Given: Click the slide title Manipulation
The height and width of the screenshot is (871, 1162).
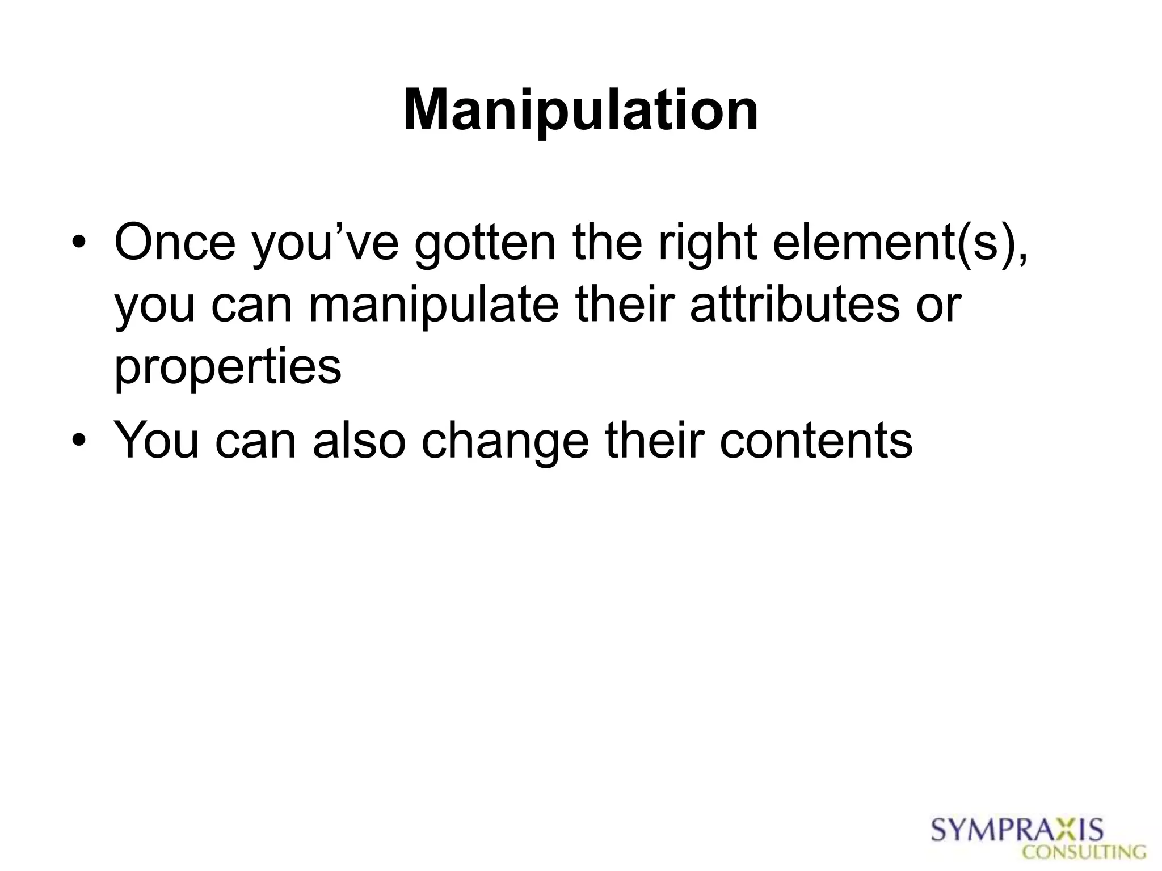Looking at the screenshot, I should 580,111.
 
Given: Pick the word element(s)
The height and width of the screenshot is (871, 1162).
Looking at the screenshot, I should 900,244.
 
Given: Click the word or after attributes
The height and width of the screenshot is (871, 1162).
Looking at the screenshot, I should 937,306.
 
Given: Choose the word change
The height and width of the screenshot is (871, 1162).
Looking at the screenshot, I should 505,443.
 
